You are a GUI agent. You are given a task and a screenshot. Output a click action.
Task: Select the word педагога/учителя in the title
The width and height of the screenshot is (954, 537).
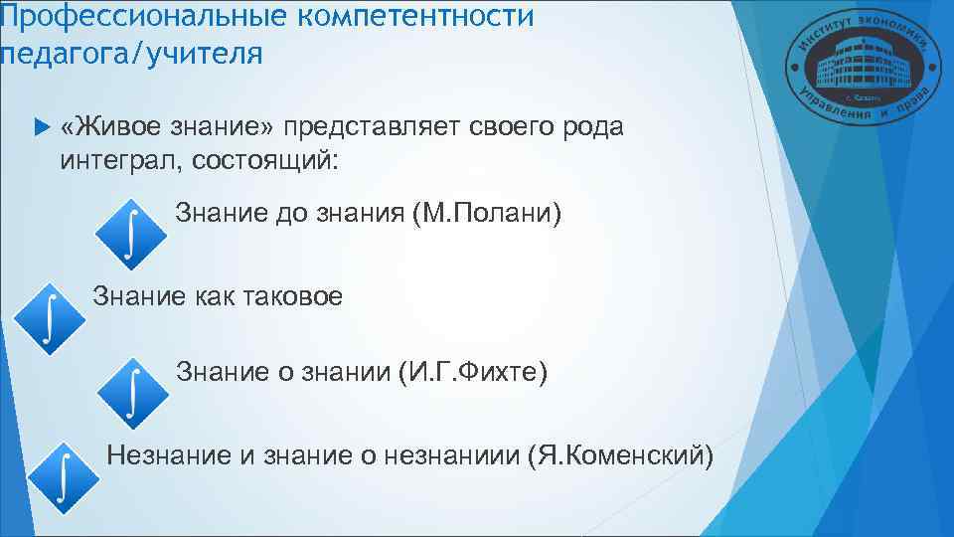pos(132,53)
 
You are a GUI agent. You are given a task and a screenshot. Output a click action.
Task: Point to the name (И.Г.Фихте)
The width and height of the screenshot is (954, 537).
pos(471,373)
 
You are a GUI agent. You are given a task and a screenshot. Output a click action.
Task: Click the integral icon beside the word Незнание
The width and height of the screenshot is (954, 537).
pos(63,475)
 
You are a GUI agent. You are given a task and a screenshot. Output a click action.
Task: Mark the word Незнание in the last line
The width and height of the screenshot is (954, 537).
pos(169,455)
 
